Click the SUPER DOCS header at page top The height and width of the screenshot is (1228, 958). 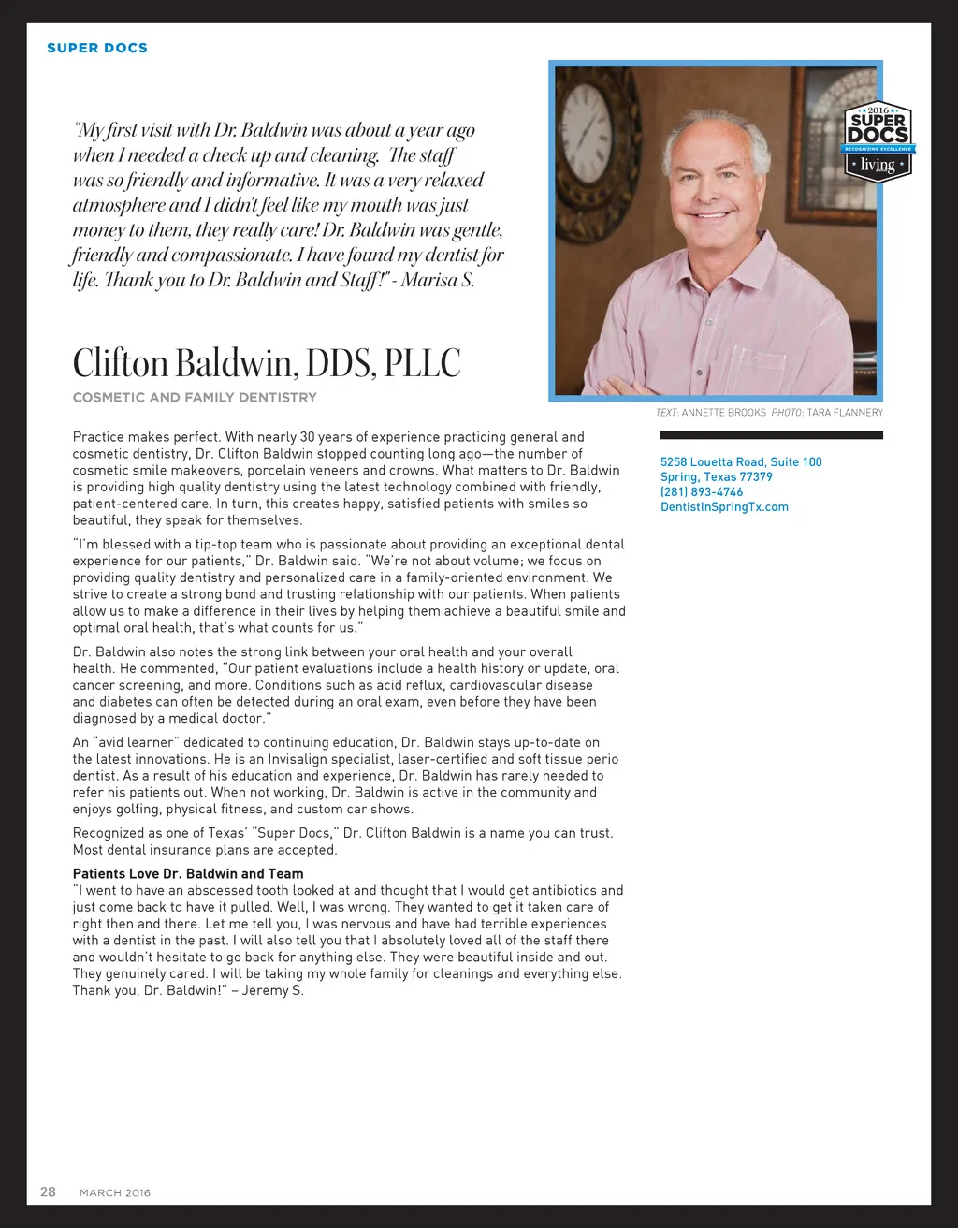[97, 48]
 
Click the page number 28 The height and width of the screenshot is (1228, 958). [48, 1191]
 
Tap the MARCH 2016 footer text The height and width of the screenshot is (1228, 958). [115, 1192]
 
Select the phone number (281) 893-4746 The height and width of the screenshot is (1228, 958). [702, 491]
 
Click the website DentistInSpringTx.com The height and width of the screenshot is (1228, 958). [724, 506]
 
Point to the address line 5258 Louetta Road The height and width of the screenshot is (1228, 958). [741, 461]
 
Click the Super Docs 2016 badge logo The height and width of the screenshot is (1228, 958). [878, 141]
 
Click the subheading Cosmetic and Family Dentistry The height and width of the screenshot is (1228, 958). [195, 397]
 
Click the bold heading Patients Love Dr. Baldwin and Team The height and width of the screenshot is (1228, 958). [188, 873]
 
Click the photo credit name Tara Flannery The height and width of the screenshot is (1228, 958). [845, 412]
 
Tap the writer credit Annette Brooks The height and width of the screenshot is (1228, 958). [723, 412]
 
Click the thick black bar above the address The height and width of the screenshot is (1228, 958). [771, 435]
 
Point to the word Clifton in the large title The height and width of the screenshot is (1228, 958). [121, 362]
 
